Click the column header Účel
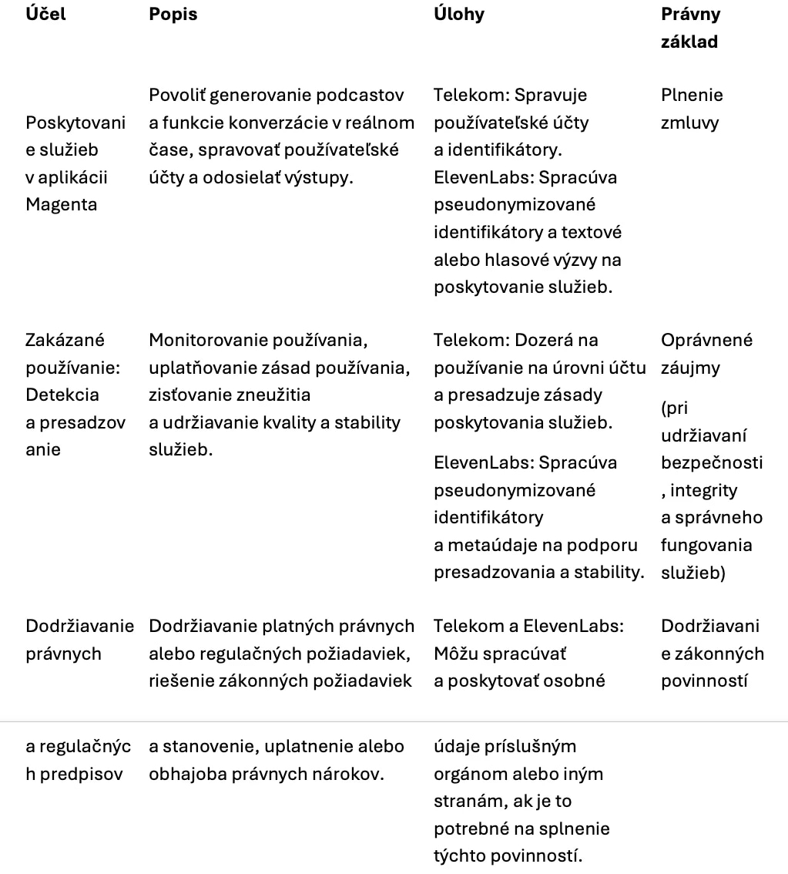(x=45, y=15)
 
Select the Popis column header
(x=173, y=15)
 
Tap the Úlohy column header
(x=459, y=15)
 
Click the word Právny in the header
(x=691, y=15)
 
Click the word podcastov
(x=362, y=96)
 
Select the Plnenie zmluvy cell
(x=692, y=109)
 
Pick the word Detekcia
(x=62, y=395)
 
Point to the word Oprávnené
(x=707, y=341)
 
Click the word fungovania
(x=706, y=545)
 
